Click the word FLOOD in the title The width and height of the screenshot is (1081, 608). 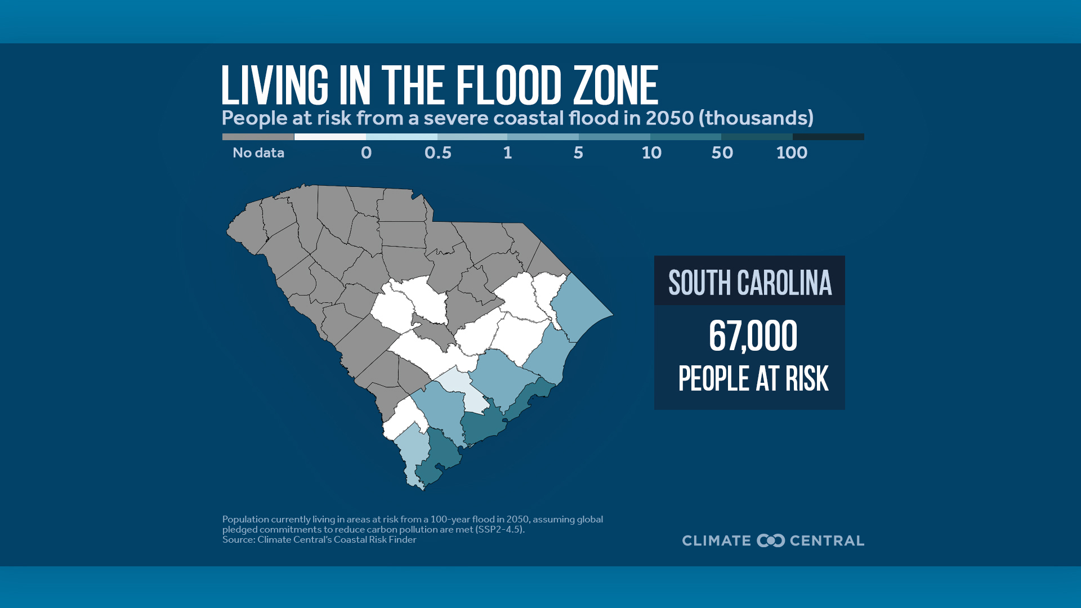point(508,86)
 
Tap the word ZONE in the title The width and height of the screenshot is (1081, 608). point(615,86)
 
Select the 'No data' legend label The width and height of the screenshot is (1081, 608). point(258,153)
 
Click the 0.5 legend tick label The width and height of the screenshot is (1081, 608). point(438,153)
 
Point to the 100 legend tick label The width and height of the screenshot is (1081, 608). point(792,153)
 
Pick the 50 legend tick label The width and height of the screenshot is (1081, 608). point(722,153)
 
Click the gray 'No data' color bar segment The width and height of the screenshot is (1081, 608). point(258,137)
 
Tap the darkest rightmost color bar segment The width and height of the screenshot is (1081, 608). point(828,137)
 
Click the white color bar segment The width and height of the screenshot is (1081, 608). point(330,137)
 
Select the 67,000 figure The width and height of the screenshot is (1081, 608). point(752,336)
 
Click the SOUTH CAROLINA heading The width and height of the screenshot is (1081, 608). point(749,283)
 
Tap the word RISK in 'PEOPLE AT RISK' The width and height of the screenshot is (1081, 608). point(807,379)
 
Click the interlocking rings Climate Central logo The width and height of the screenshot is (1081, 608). point(771,540)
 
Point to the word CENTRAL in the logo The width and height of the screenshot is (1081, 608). point(827,540)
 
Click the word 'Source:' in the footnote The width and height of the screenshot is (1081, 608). point(238,539)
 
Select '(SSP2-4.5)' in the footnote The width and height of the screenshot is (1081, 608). point(499,529)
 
